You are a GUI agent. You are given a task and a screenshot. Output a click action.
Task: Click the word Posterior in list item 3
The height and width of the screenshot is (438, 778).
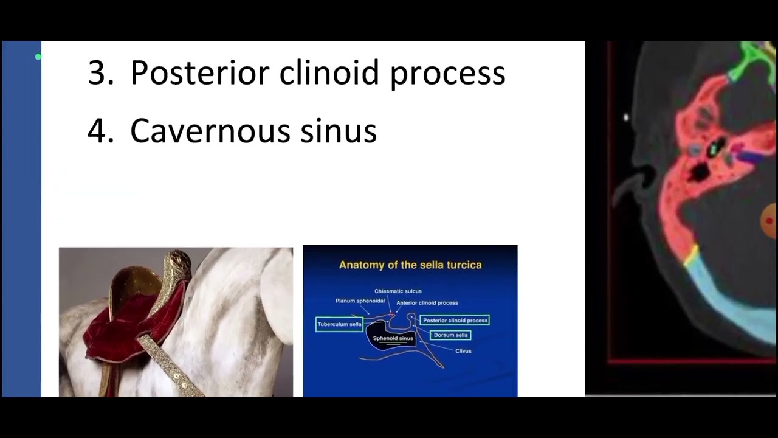200,73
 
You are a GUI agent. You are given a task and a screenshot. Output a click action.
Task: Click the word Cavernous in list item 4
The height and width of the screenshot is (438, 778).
210,130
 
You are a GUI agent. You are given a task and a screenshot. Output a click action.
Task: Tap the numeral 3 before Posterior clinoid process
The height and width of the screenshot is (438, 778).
97,73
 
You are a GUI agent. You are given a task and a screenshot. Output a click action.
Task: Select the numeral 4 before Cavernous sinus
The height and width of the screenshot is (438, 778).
97,130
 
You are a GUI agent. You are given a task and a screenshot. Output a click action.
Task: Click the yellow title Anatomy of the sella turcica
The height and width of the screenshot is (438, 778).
410,265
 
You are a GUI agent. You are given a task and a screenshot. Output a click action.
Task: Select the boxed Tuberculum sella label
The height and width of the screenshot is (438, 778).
339,324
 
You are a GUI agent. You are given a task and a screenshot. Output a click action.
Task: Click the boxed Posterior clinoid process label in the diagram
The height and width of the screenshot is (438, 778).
455,320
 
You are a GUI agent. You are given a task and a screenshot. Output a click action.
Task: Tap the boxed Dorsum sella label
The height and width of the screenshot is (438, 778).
450,335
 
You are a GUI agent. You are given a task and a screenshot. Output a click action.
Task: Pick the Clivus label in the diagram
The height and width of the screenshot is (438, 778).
463,351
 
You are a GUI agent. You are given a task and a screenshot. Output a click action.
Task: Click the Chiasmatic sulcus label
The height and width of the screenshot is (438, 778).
398,291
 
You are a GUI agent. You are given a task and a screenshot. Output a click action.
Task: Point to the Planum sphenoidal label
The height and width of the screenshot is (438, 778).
360,301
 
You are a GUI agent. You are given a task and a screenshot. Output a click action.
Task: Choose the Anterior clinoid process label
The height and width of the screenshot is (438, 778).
427,302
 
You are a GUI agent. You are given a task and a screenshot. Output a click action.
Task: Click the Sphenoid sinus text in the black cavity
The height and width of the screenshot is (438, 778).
393,338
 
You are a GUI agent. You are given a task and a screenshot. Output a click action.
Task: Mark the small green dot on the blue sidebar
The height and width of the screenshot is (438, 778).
38,57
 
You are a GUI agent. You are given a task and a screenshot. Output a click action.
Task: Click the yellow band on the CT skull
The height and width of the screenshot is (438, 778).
691,255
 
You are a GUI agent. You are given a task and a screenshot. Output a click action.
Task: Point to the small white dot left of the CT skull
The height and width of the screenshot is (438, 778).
626,117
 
